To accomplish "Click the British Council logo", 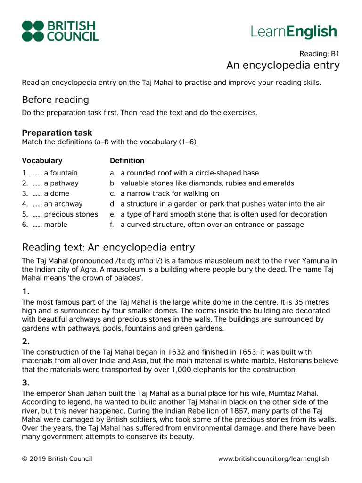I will click(60, 31).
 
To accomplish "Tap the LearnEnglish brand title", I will click(294, 32).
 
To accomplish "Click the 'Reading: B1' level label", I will click(320, 53).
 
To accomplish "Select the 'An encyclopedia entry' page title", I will click(283, 65).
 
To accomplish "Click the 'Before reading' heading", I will click(55, 100).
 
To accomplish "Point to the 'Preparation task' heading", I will click(57, 133).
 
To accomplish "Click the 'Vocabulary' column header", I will click(42, 161).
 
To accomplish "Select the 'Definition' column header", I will click(127, 161).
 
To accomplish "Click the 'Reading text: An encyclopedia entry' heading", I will click(108, 248).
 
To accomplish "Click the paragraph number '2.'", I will click(26, 341).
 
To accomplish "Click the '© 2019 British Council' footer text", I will click(57, 459).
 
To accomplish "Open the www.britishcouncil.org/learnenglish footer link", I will click(273, 459).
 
